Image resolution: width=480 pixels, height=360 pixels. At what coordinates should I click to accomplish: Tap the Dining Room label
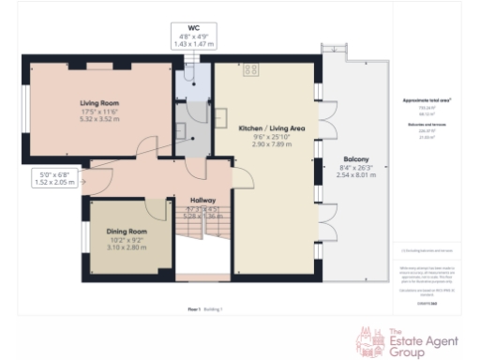point(127,231)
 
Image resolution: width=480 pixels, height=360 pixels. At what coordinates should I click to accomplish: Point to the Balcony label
point(355,159)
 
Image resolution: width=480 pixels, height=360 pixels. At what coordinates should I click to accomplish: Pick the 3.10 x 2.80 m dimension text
point(127,247)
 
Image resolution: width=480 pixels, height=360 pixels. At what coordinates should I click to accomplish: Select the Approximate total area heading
point(426,98)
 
